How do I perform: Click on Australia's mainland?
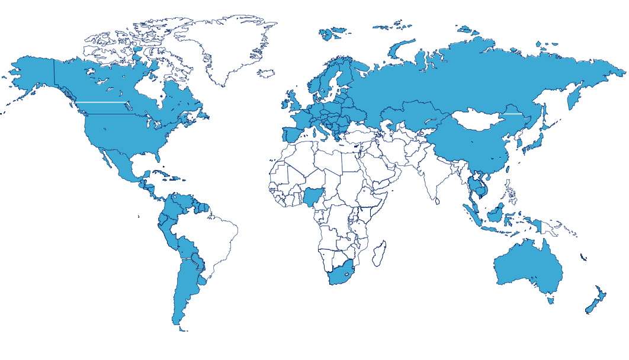(527, 269)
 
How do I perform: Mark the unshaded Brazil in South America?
(210, 237)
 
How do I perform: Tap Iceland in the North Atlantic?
(267, 73)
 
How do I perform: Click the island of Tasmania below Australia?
(550, 300)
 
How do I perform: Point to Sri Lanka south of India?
(438, 201)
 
